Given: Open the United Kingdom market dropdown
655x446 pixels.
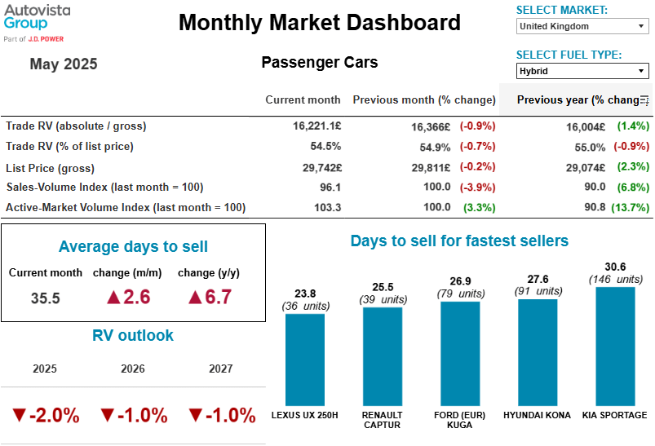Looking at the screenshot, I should point(582,27).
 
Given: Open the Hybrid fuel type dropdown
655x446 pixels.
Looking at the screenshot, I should point(582,72).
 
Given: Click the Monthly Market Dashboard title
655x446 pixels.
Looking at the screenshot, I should point(320,23).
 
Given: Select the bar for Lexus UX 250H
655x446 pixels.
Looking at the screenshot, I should point(304,359).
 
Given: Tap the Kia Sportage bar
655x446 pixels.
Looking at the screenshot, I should point(615,346).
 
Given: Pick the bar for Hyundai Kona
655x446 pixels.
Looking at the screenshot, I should point(538,351).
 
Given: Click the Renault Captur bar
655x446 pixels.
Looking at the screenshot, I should point(383,355).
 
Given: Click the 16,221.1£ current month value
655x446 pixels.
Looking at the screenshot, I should point(316,126).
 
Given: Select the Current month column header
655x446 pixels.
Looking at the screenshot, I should point(303,99).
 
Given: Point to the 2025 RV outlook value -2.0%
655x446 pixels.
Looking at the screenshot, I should point(46,415).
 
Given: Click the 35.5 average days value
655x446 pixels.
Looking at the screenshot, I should point(46,298).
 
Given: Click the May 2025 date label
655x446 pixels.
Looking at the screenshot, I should point(64,64).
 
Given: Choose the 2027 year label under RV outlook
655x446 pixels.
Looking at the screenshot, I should point(220,369).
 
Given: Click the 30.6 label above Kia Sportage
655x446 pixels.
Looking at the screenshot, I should point(614,267).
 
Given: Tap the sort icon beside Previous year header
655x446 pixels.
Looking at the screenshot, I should point(644,100).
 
